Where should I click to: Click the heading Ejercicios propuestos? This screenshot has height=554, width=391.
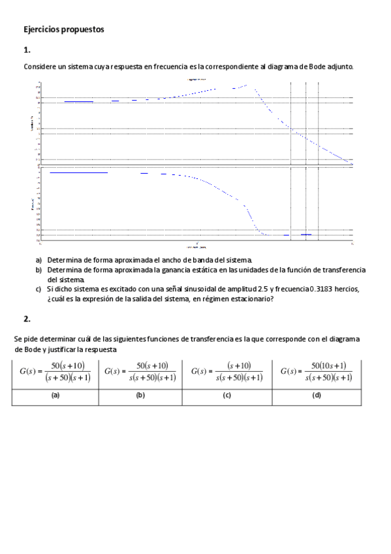coord(63,29)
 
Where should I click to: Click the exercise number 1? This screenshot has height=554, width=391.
coord(27,50)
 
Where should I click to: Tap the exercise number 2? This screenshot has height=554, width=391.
coord(27,319)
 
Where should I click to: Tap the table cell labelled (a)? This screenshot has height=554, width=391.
coord(55,396)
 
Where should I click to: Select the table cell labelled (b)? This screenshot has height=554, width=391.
coord(140,396)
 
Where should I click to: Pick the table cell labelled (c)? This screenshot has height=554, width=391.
coord(227,396)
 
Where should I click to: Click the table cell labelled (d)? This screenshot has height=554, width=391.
coord(317,396)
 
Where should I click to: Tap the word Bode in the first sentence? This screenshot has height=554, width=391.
coord(319,67)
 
